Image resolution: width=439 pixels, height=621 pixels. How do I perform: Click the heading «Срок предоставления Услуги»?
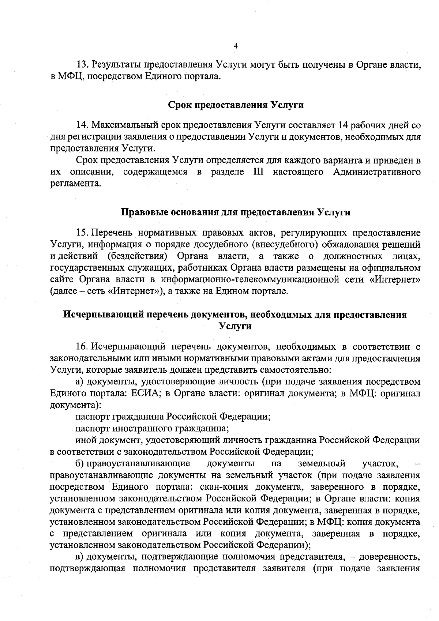tap(236, 105)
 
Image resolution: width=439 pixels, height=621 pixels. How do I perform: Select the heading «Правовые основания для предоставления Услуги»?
tap(236, 212)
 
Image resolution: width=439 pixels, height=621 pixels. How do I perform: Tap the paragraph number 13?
tap(82, 65)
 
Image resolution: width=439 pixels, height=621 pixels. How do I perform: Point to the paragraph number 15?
tap(82, 233)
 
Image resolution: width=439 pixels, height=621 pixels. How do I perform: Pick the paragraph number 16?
tap(82, 346)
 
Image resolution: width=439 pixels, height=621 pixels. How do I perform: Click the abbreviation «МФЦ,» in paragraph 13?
tap(63, 77)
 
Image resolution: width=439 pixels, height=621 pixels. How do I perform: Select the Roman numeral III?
tap(259, 172)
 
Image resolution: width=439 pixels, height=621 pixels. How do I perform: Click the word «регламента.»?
tap(75, 184)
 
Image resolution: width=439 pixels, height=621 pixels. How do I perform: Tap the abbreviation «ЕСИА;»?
tap(150, 394)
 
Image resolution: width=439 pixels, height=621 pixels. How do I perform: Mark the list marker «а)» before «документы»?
tap(80, 382)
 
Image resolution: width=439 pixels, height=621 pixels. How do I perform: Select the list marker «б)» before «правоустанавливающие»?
tap(80, 464)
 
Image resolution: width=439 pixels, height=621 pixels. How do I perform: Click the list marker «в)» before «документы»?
tap(80, 557)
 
